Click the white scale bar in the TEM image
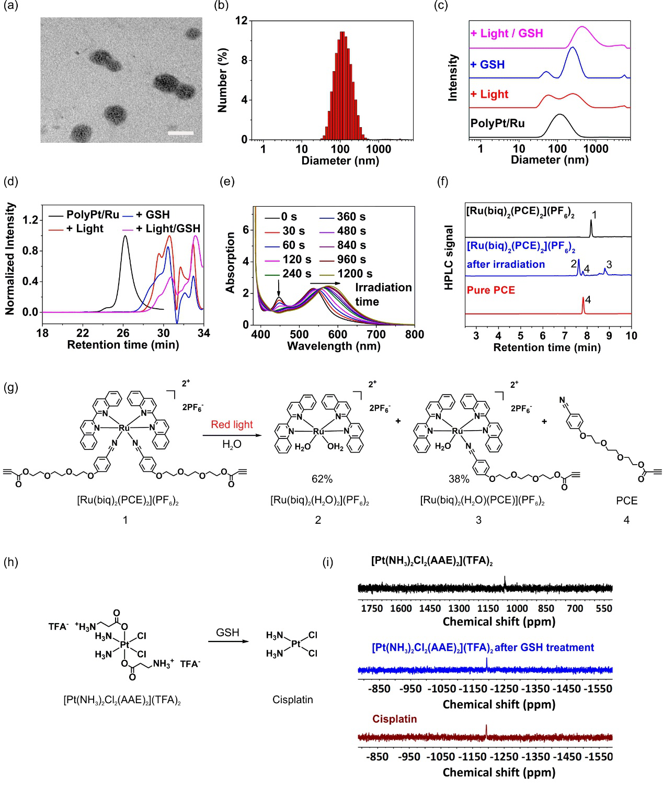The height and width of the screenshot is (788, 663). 181,133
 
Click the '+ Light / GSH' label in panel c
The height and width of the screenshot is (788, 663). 507,33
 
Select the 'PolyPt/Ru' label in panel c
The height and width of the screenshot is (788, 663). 497,123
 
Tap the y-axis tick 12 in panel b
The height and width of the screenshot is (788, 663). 241,21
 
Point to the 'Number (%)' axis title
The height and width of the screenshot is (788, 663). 223,80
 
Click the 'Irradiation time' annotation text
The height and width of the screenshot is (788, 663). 383,295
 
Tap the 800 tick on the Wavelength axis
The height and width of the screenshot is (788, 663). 414,334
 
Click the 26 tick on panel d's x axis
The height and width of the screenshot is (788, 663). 123,333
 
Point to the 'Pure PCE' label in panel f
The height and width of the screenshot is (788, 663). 490,290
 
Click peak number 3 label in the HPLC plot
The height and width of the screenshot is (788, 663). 609,265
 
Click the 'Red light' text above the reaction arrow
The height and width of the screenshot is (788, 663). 232,424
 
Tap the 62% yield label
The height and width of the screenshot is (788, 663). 322,479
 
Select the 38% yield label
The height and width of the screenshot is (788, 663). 459,479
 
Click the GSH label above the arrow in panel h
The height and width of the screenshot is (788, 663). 227,633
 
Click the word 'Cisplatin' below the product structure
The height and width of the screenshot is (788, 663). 292,700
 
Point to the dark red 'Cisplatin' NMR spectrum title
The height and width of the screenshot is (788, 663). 394,719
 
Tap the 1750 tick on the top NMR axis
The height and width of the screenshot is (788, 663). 372,609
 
